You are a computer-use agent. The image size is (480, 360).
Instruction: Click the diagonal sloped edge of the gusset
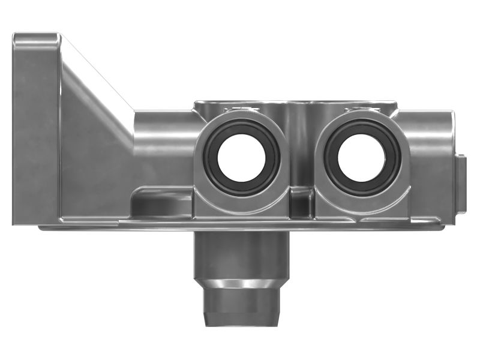point(99,75)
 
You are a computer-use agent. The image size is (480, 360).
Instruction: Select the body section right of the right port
point(429,162)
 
